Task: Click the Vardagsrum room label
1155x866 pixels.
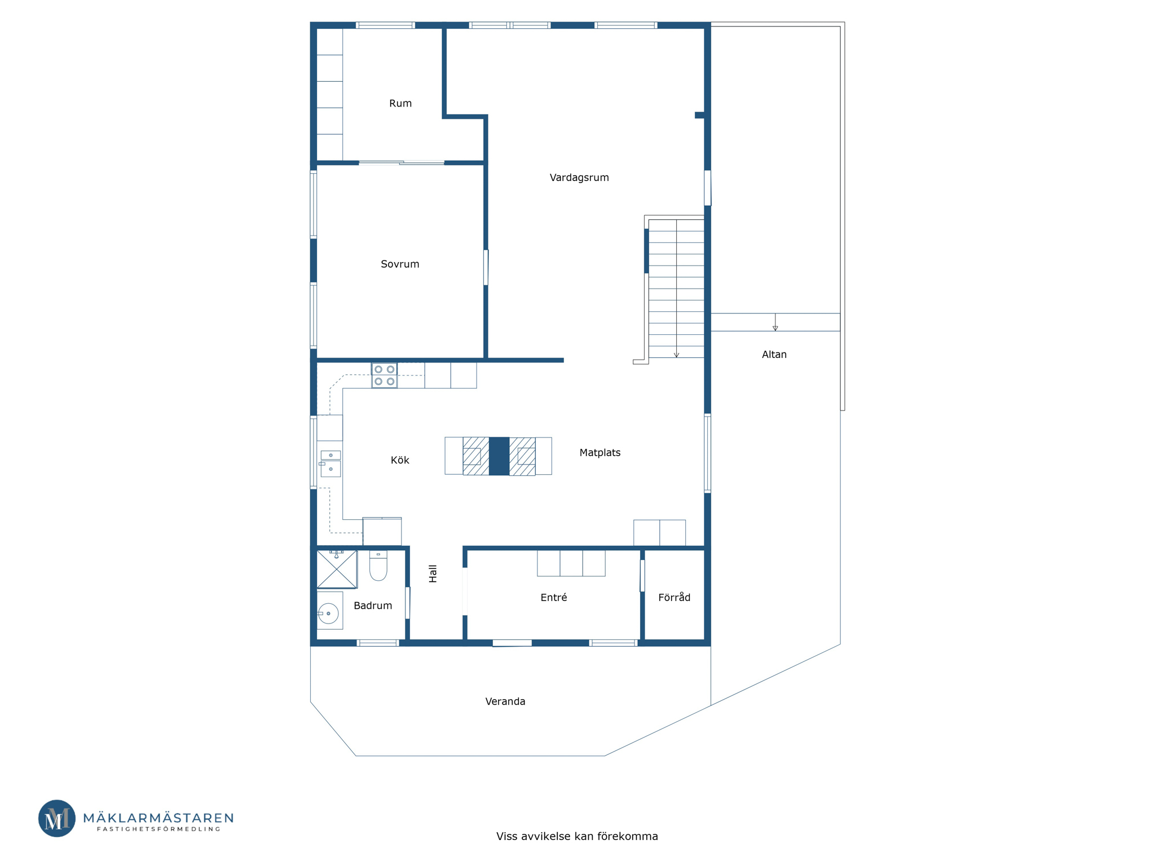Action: [x=579, y=178]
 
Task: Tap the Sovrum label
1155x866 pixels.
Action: [x=400, y=264]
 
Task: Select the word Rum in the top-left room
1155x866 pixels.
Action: [x=400, y=103]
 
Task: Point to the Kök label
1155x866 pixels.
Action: [x=400, y=460]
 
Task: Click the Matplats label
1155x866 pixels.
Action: [x=600, y=453]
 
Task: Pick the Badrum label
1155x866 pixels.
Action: [x=373, y=606]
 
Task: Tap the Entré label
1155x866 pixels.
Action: [x=554, y=597]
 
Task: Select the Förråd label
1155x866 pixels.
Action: [x=675, y=597]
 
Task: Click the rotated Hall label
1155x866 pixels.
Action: [x=433, y=573]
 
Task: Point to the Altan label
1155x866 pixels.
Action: [x=774, y=355]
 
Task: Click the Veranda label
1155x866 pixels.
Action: [x=505, y=701]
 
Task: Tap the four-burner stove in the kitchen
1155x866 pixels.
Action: [x=384, y=375]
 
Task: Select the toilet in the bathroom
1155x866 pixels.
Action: [x=378, y=565]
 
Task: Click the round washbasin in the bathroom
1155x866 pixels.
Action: [x=328, y=613]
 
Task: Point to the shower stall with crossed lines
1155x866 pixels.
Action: [x=337, y=569]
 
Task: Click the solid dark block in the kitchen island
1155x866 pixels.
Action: [x=499, y=456]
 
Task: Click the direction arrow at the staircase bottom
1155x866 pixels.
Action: [x=677, y=354]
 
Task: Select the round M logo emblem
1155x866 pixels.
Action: [x=57, y=818]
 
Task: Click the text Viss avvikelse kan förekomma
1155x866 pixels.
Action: [x=577, y=836]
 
